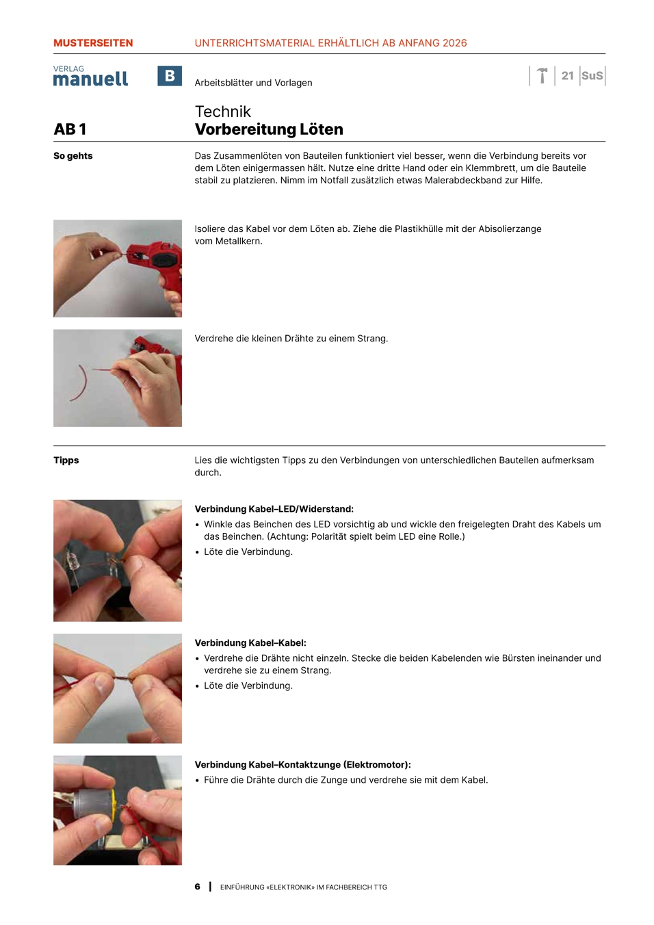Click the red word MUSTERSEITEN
(x=93, y=43)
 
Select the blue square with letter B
(x=169, y=75)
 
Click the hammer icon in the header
(x=542, y=75)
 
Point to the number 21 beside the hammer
(x=567, y=75)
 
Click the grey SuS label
(x=592, y=75)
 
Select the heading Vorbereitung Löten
(x=269, y=129)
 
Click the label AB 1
(x=70, y=129)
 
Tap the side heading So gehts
(x=73, y=156)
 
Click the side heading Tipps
(x=66, y=460)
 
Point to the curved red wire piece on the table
(x=79, y=383)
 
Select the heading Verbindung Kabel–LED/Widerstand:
(x=274, y=509)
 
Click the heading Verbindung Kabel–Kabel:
(x=250, y=642)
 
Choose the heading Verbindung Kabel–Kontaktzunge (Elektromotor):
(x=302, y=764)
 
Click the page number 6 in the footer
(x=197, y=887)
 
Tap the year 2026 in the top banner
(x=454, y=43)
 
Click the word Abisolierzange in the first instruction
(x=510, y=229)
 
